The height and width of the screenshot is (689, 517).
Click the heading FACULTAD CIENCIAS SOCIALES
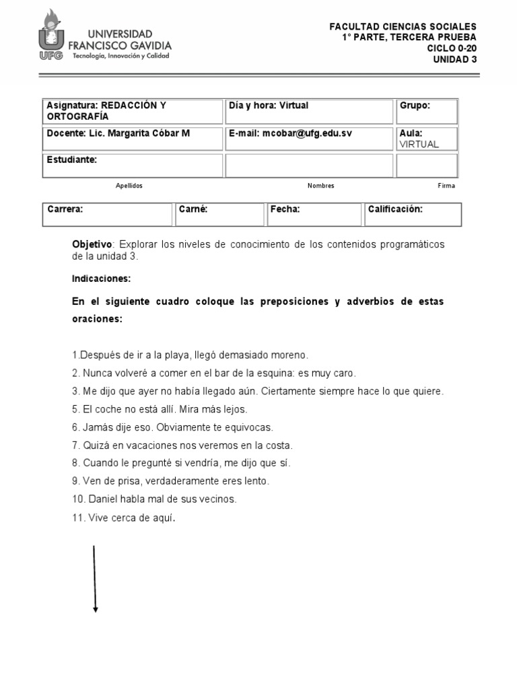402,26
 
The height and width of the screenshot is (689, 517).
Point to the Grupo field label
415,106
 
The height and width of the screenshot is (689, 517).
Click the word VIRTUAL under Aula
419,144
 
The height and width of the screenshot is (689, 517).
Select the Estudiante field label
72,160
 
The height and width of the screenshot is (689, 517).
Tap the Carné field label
193,209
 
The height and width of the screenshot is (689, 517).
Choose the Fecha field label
285,209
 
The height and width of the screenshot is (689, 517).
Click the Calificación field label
395,209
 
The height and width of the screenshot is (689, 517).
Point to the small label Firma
446,186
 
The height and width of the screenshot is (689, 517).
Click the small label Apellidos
129,186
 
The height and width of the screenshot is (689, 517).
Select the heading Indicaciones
101,278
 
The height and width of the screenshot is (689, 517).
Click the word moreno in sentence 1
289,355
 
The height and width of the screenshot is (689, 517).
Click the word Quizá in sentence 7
96,445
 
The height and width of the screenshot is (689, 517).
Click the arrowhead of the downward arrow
96,610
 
